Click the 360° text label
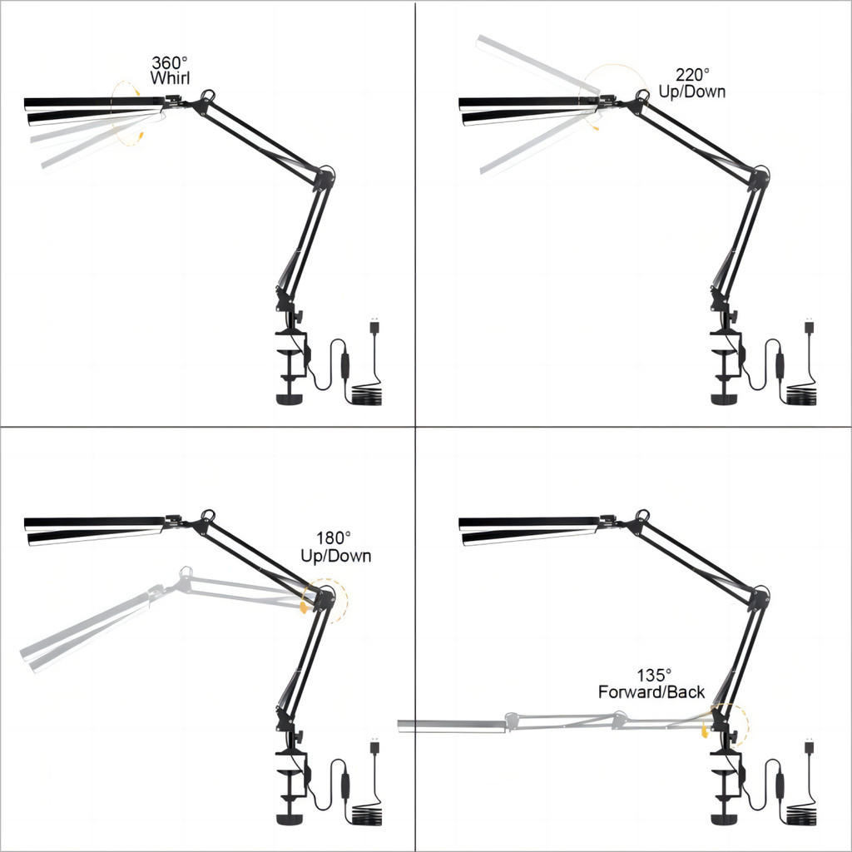tap(170, 62)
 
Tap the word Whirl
tap(170, 78)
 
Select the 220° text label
tap(693, 74)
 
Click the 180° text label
tap(334, 538)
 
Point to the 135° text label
tap(654, 676)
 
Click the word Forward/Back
tap(651, 692)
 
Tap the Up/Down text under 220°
tap(692, 92)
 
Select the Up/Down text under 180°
tap(336, 556)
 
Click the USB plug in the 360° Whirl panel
tap(374, 325)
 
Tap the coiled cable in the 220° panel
tap(801, 395)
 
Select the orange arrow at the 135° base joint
tap(706, 730)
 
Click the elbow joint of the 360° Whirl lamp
tap(324, 176)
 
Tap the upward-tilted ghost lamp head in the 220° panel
tap(537, 64)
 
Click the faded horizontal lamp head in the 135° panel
tap(452, 726)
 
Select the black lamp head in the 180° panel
tap(95, 530)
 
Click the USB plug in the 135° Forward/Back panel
tap(809, 745)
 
